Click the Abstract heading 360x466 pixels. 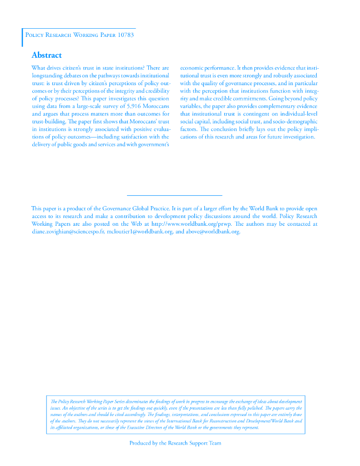pos(46,56)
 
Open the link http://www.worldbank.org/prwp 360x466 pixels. pos(192,224)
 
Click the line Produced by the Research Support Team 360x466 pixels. pos(175,443)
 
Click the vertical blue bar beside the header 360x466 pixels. pos(22,37)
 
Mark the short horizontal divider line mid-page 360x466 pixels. pos(174,195)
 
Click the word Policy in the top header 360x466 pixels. pos(35,35)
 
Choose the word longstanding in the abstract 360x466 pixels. pos(49,76)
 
